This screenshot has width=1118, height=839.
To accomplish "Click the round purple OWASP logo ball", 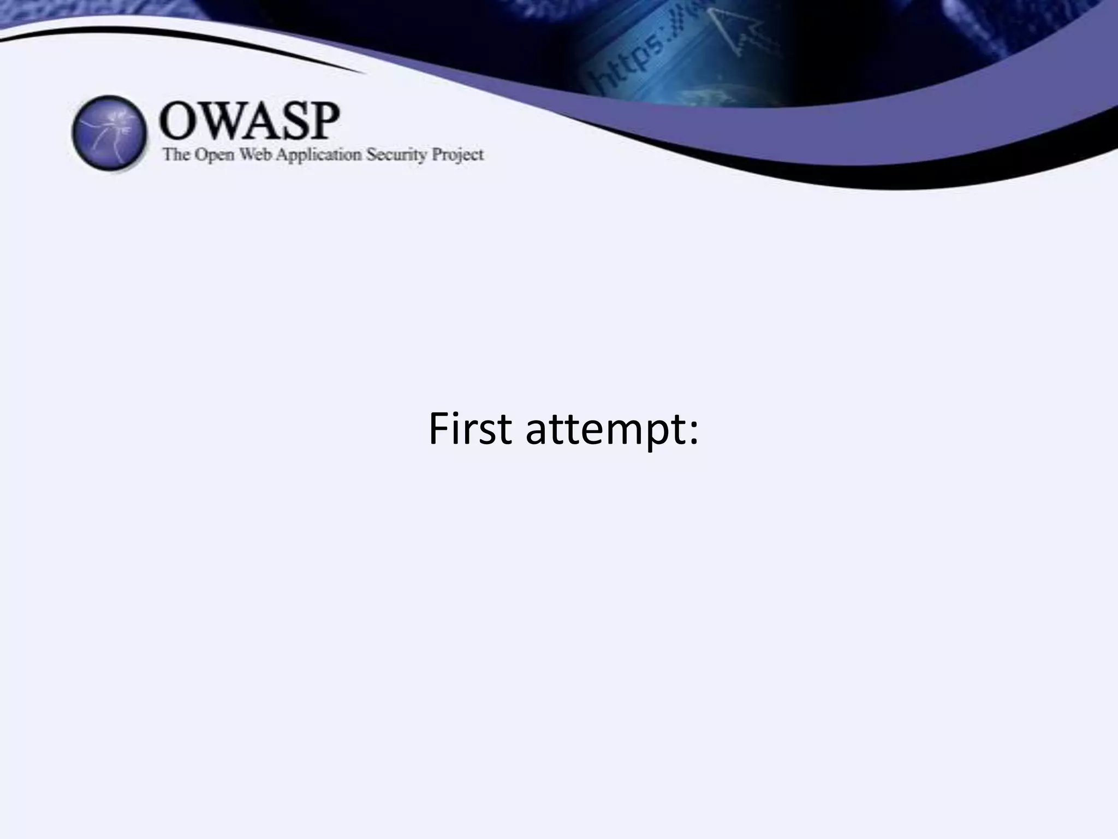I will click(109, 133).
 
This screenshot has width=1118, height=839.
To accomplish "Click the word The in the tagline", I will click(176, 155).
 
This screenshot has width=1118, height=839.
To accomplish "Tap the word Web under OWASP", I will click(257, 155).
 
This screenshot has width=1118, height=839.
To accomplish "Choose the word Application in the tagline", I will click(319, 156).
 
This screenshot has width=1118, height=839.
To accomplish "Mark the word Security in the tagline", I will click(396, 156).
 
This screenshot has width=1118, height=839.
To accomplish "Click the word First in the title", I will click(470, 429).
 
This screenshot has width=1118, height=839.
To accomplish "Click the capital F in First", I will click(438, 429).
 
